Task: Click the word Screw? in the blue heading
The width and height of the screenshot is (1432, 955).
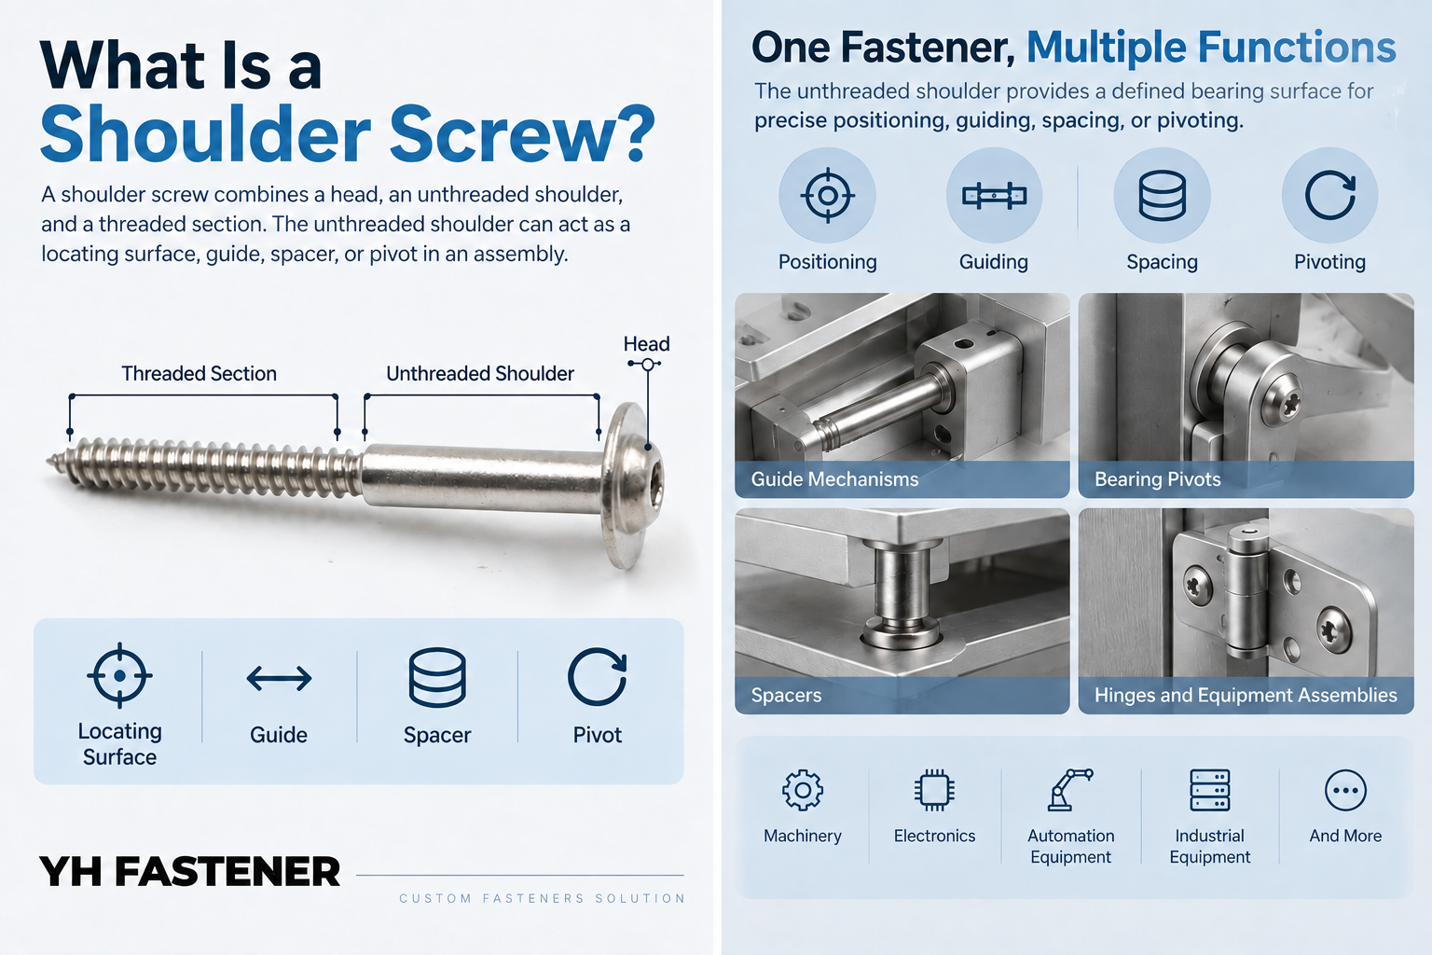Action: click(522, 136)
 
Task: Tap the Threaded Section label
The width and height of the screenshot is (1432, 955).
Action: click(199, 374)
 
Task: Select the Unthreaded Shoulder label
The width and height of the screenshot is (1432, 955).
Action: click(480, 374)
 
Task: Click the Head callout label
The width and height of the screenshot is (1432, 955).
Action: click(646, 344)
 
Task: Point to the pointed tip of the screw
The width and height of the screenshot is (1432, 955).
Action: click(48, 459)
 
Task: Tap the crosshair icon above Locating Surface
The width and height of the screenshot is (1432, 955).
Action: click(119, 675)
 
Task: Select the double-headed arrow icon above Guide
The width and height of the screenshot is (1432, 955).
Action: click(279, 678)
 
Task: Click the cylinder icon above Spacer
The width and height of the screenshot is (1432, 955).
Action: click(437, 677)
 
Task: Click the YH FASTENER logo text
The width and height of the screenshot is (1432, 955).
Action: click(190, 871)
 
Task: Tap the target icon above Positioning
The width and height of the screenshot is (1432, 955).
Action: click(827, 196)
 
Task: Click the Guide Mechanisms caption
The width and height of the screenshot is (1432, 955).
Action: click(834, 479)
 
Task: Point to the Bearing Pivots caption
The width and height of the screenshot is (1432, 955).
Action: click(1157, 479)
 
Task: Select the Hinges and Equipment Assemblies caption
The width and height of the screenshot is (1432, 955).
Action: click(1246, 695)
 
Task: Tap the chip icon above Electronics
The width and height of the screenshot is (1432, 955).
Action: click(934, 790)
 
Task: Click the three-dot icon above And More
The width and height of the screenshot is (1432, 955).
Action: click(1345, 790)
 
